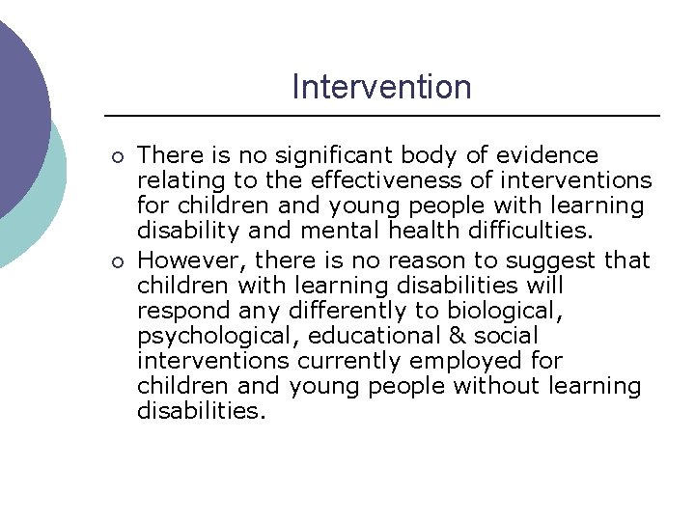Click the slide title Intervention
click(x=381, y=87)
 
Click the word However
click(x=181, y=260)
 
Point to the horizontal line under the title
click(x=381, y=116)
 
